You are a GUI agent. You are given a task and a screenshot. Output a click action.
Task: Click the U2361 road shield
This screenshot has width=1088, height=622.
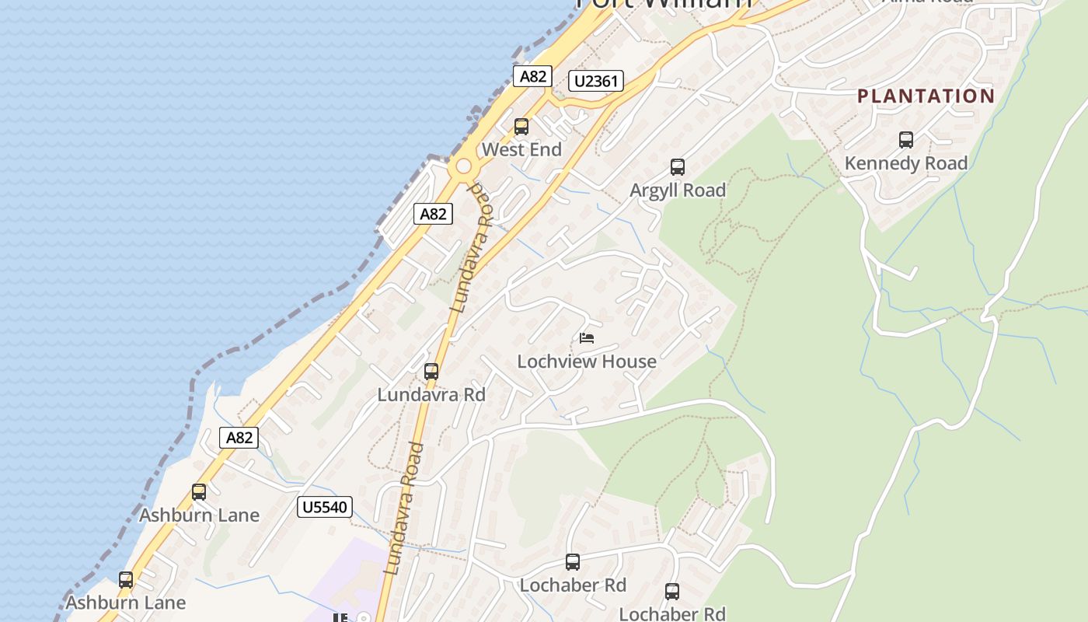point(596,81)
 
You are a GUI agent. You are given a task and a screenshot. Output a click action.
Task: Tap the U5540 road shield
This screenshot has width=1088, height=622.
point(325,508)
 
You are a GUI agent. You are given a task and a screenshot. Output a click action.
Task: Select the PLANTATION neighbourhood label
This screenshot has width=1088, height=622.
point(926,96)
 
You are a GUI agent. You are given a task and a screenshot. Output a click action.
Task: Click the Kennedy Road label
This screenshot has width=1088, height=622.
point(905,163)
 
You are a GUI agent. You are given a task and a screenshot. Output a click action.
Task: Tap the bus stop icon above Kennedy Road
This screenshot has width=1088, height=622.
point(905,140)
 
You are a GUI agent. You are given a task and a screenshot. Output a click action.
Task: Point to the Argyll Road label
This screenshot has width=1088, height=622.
point(678,190)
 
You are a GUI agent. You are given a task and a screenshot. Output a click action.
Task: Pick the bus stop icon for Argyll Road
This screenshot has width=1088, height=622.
point(678,166)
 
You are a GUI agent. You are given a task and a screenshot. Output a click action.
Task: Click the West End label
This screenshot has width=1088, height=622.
point(521,149)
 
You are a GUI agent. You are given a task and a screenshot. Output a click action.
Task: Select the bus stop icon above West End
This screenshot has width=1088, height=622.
point(521,126)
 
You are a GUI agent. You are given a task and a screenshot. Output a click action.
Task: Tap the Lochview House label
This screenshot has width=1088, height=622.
point(587,362)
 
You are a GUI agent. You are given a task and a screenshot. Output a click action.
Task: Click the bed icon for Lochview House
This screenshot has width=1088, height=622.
point(587,338)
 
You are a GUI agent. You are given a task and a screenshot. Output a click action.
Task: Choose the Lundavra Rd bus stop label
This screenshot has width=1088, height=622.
point(431,395)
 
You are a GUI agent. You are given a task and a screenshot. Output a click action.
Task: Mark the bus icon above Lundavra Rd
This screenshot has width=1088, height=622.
point(431,372)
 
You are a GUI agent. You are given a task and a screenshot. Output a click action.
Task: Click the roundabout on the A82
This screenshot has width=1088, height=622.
point(464,166)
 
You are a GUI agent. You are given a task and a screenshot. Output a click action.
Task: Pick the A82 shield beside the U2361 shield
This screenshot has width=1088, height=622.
point(533,76)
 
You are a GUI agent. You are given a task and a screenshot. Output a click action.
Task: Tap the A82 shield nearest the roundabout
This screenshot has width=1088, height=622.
point(433,215)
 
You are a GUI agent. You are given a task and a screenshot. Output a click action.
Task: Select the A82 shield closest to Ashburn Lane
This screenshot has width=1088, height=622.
point(239,438)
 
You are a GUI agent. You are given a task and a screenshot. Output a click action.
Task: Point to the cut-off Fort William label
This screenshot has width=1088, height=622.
point(664,4)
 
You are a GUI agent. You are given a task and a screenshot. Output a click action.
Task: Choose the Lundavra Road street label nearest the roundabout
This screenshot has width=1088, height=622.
point(473,249)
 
